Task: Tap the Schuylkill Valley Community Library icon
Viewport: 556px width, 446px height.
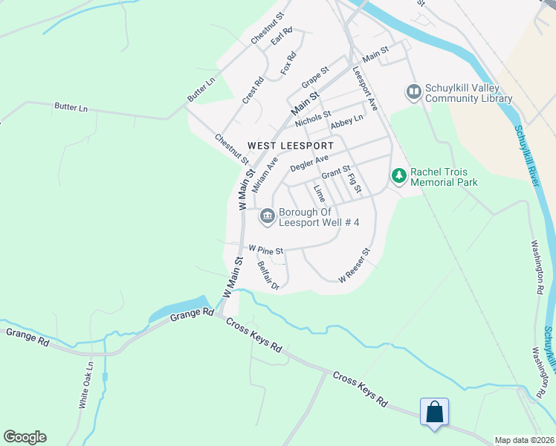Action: coord(413,92)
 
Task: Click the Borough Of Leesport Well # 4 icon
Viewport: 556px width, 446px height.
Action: coord(267,216)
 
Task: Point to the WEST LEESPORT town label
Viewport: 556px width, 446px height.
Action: coord(291,146)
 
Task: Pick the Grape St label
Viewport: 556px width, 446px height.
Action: coord(315,76)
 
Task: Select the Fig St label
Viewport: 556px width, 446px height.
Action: coord(354,183)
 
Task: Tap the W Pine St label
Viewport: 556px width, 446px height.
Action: coord(266,251)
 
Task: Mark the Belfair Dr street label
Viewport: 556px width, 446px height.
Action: coord(267,275)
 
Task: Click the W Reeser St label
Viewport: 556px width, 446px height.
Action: coord(354,266)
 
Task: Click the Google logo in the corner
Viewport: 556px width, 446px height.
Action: coord(25,437)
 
